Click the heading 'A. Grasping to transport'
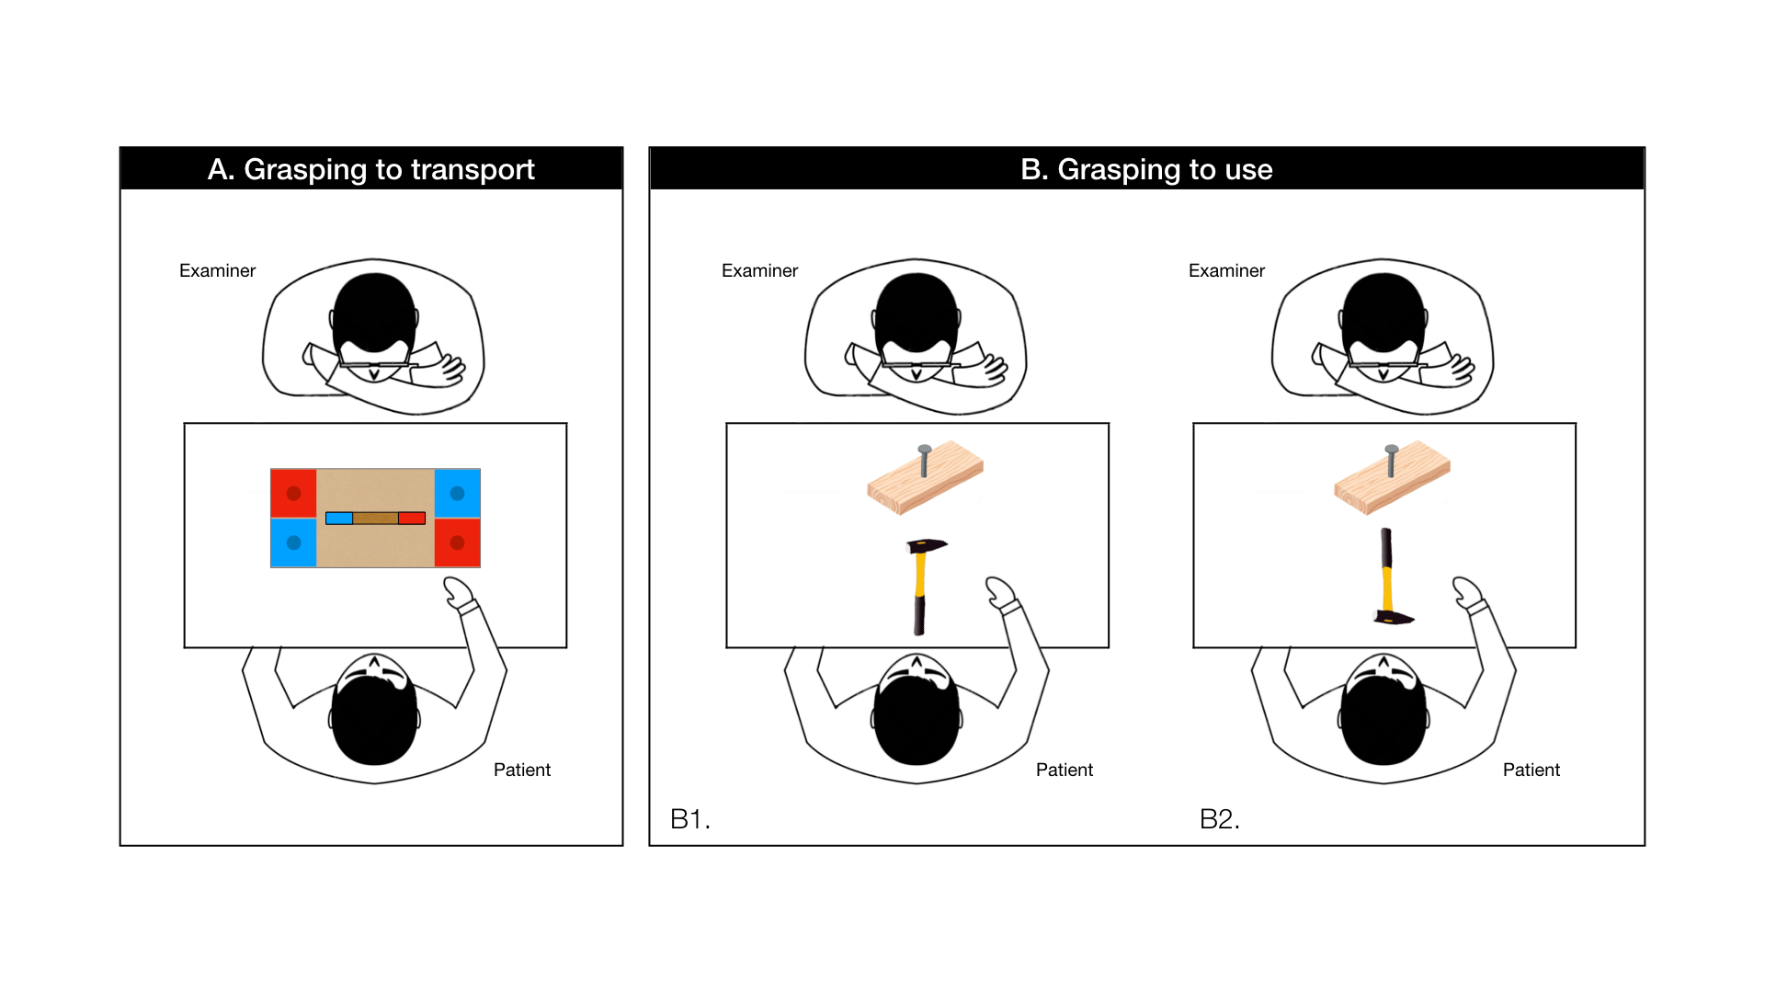(370, 169)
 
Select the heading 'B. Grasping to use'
(1146, 169)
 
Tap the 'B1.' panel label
(689, 818)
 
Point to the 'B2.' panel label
(1219, 818)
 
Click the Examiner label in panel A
(217, 270)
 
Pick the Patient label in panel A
(522, 770)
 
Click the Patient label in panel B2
(1532, 770)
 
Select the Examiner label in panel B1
(759, 270)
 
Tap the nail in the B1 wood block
(925, 461)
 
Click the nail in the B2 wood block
(1392, 461)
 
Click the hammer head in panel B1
(926, 546)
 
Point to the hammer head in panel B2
(1394, 617)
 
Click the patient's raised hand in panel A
(459, 594)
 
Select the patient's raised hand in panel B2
(1468, 594)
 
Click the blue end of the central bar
(339, 519)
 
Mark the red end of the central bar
(412, 519)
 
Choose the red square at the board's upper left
(293, 494)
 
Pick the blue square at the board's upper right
(457, 494)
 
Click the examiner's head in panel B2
(1384, 314)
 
